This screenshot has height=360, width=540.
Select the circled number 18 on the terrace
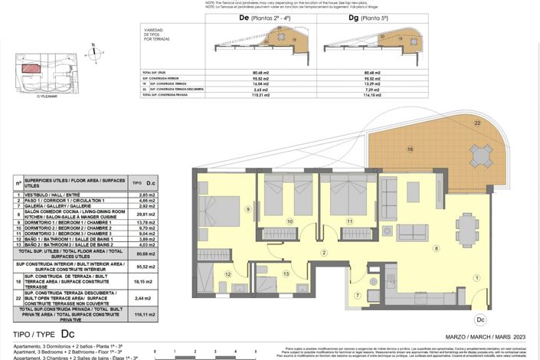pyautogui.click(x=410, y=149)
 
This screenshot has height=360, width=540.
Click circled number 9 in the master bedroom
pyautogui.click(x=247, y=209)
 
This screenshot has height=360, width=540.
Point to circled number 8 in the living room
pyautogui.click(x=436, y=248)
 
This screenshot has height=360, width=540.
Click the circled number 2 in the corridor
pyautogui.click(x=324, y=253)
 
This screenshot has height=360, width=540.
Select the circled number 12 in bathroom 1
pyautogui.click(x=227, y=273)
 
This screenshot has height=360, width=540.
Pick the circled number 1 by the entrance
pyautogui.click(x=476, y=277)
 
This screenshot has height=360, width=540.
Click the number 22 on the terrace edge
pyautogui.click(x=477, y=123)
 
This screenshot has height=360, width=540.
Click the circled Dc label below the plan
pyautogui.click(x=480, y=319)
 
